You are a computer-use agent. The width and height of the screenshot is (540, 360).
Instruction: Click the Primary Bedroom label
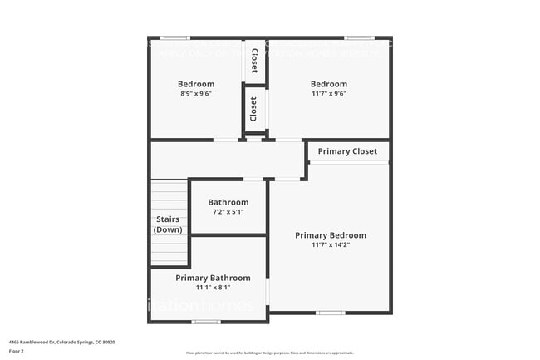330,235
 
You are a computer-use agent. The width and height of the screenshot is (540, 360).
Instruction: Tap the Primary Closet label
347,151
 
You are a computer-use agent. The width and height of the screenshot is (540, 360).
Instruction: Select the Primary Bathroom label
212,278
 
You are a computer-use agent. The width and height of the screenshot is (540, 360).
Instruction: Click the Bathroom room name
228,202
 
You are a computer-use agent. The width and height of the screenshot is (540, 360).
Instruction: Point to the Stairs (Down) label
169,224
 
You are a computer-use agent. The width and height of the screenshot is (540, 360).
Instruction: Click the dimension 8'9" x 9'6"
196,94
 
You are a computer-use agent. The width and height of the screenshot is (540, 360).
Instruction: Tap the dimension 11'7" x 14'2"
330,245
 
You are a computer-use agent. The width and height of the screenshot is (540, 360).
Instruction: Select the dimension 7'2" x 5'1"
228,212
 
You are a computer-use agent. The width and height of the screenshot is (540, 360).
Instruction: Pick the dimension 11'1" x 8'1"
212,288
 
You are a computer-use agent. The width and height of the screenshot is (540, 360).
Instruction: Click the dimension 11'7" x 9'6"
328,94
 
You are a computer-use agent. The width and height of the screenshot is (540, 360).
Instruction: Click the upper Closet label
254,61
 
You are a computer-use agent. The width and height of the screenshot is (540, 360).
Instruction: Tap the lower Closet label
254,109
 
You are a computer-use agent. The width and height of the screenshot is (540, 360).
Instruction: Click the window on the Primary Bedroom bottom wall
330,313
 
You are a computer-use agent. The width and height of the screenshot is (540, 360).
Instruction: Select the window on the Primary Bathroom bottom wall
206,322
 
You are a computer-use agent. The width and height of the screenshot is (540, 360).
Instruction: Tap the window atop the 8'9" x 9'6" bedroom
175,37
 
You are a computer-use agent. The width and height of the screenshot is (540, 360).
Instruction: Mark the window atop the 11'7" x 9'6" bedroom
358,37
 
